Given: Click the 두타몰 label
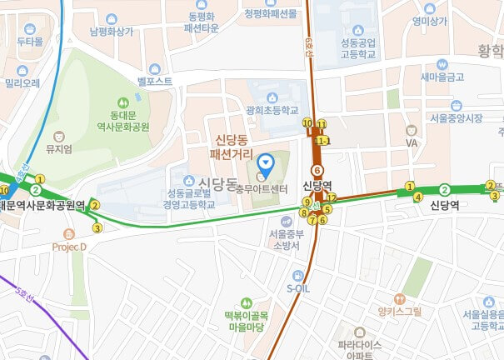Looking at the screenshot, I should (x=29, y=40).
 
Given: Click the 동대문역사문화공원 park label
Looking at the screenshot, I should (x=128, y=121).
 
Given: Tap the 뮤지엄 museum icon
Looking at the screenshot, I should (x=59, y=136).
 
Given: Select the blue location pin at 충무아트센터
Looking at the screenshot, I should (x=266, y=163).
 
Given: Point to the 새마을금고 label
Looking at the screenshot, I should (x=442, y=77).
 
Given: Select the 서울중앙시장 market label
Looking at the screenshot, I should (x=456, y=118).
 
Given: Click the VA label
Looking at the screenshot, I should (x=411, y=143).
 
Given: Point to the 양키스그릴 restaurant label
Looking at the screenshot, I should (x=400, y=311).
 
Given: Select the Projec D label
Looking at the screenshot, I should (x=70, y=247).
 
